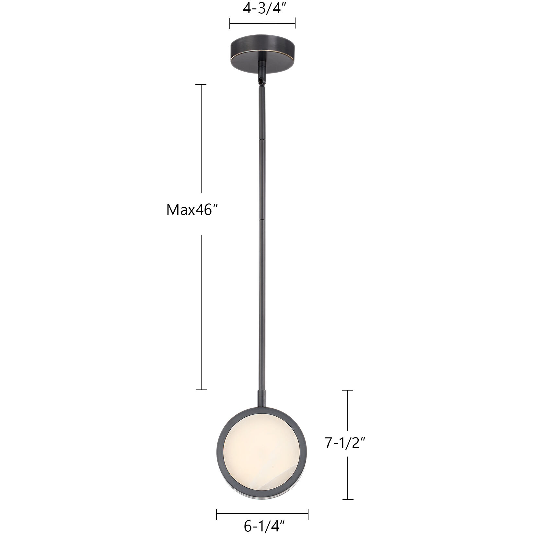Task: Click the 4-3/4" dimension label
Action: (262, 9)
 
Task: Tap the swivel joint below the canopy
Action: (261, 79)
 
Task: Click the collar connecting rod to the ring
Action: (262, 398)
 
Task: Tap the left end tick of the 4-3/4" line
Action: (230, 23)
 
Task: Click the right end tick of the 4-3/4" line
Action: (295, 23)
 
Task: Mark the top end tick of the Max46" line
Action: (201, 85)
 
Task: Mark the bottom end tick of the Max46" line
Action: (201, 389)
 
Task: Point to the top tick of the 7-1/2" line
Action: (348, 391)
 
